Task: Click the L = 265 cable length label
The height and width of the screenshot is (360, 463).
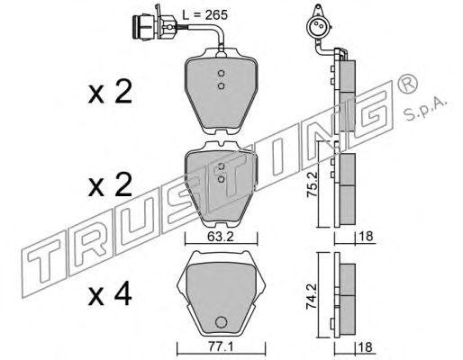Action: click(205, 14)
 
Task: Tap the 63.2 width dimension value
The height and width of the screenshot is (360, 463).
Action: click(221, 237)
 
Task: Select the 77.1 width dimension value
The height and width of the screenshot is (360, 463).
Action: click(221, 347)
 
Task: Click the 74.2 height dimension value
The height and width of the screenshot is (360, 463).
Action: click(312, 297)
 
